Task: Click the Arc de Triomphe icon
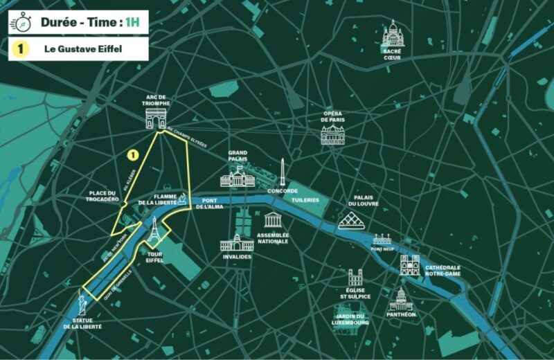point(156,119)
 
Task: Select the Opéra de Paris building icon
point(332,134)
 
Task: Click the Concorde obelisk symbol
point(283,172)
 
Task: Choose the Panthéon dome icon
point(401,299)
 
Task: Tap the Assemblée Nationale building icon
point(273,220)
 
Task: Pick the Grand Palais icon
point(237,178)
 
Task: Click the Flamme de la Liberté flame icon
point(181,199)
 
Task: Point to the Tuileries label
point(305,200)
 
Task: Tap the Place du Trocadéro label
point(104,197)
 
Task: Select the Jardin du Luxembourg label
point(350,321)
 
